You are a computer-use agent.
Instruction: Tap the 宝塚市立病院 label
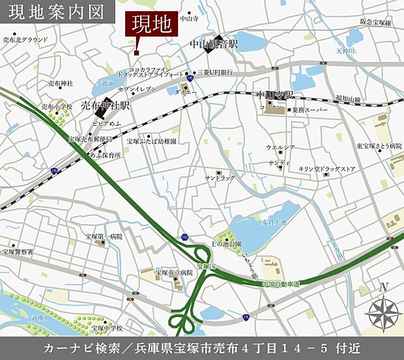[175, 272]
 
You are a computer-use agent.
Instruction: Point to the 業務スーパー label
[310, 110]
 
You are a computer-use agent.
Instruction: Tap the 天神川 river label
[346, 50]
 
